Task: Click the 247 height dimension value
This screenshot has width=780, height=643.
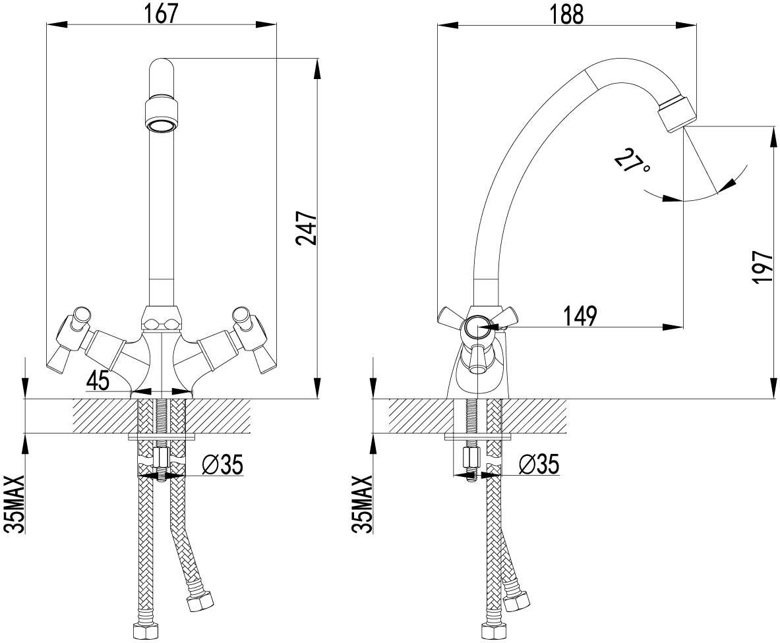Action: click(306, 228)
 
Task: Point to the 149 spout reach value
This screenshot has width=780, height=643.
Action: click(580, 316)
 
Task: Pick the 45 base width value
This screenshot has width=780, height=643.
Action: click(98, 381)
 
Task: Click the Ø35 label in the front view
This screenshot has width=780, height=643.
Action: click(222, 465)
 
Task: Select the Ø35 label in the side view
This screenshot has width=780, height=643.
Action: click(539, 464)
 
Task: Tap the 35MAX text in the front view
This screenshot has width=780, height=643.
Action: click(15, 504)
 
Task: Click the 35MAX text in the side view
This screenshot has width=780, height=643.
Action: click(363, 504)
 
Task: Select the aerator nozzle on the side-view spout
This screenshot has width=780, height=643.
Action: click(677, 113)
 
